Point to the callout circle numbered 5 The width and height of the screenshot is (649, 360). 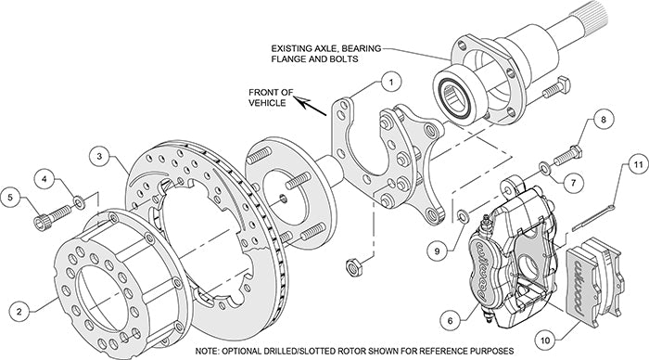coord(11,197)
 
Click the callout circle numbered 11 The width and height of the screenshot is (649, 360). coord(636,166)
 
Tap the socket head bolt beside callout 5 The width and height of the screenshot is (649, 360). coord(47,219)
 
